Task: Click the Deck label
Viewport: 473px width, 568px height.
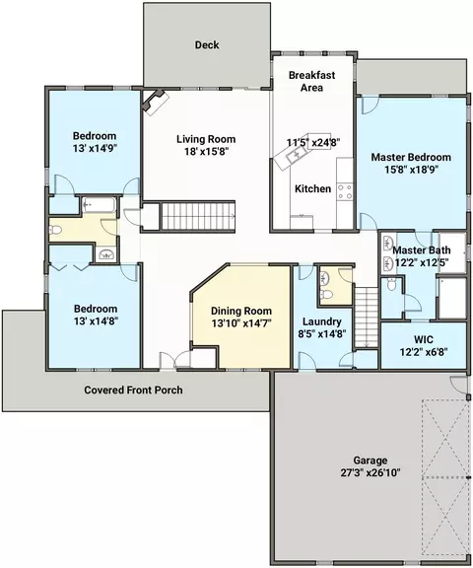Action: tap(207, 45)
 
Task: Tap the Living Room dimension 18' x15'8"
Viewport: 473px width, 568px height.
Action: tap(207, 152)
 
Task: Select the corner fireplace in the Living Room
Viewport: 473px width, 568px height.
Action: tap(156, 102)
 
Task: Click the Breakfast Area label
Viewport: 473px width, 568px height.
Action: tap(311, 81)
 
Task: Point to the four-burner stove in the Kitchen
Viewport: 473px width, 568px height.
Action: tap(345, 191)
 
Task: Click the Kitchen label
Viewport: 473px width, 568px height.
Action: tap(312, 188)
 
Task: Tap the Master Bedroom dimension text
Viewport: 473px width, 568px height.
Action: tap(412, 170)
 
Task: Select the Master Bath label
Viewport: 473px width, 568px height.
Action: tap(422, 250)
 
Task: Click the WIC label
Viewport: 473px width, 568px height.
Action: tap(424, 339)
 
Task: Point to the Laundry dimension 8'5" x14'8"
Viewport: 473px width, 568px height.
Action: tap(322, 333)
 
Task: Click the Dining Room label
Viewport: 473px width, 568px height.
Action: tap(241, 311)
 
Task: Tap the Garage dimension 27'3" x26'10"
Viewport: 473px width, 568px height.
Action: tap(371, 472)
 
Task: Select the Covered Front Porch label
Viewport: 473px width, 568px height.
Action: tap(134, 390)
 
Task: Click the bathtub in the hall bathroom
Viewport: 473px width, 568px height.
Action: tap(99, 205)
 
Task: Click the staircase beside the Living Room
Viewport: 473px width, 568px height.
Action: tap(198, 216)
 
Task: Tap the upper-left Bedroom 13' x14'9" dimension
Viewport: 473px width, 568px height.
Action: tap(96, 148)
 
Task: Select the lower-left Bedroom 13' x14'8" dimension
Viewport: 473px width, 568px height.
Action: tap(97, 320)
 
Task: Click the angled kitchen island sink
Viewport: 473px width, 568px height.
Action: tap(294, 156)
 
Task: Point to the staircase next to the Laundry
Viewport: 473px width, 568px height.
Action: tap(367, 319)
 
